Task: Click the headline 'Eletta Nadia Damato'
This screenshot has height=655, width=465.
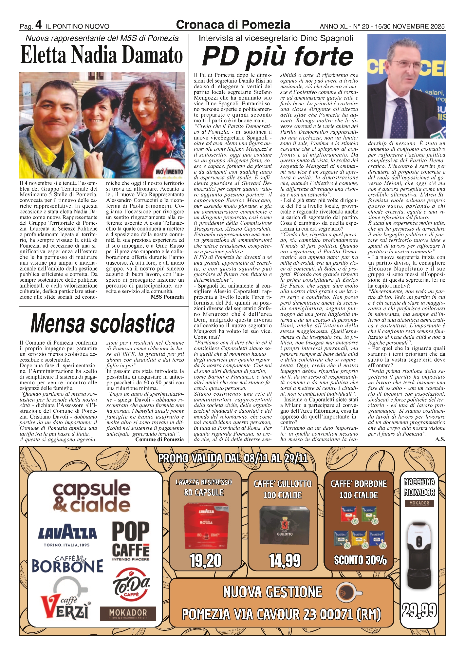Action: click(x=102, y=55)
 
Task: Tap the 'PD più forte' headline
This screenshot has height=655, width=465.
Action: click(x=278, y=56)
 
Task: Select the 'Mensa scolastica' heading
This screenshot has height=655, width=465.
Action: click(x=102, y=323)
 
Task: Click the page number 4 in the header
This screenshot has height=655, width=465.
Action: click(x=38, y=25)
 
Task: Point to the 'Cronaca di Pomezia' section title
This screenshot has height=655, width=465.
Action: click(x=233, y=25)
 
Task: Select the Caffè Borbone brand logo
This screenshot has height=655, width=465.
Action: click(x=67, y=564)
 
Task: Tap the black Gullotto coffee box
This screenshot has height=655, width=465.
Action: click(x=285, y=526)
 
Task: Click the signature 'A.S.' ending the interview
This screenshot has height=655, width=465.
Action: click(x=440, y=440)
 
